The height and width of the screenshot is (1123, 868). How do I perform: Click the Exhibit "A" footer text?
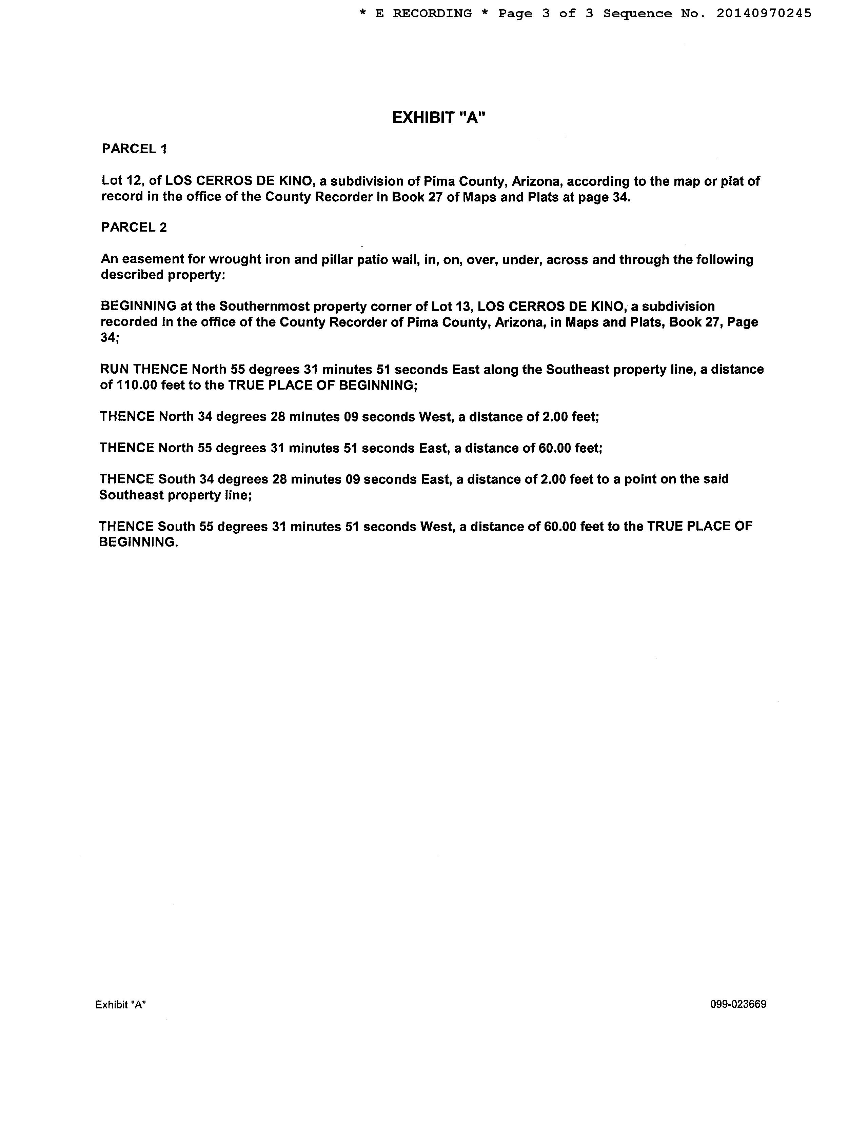[121, 1005]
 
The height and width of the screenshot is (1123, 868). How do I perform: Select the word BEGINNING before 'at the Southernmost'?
[138, 307]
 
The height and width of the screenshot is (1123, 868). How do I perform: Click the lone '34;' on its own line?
[109, 338]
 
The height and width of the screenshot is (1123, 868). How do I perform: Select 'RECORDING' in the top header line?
[432, 13]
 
